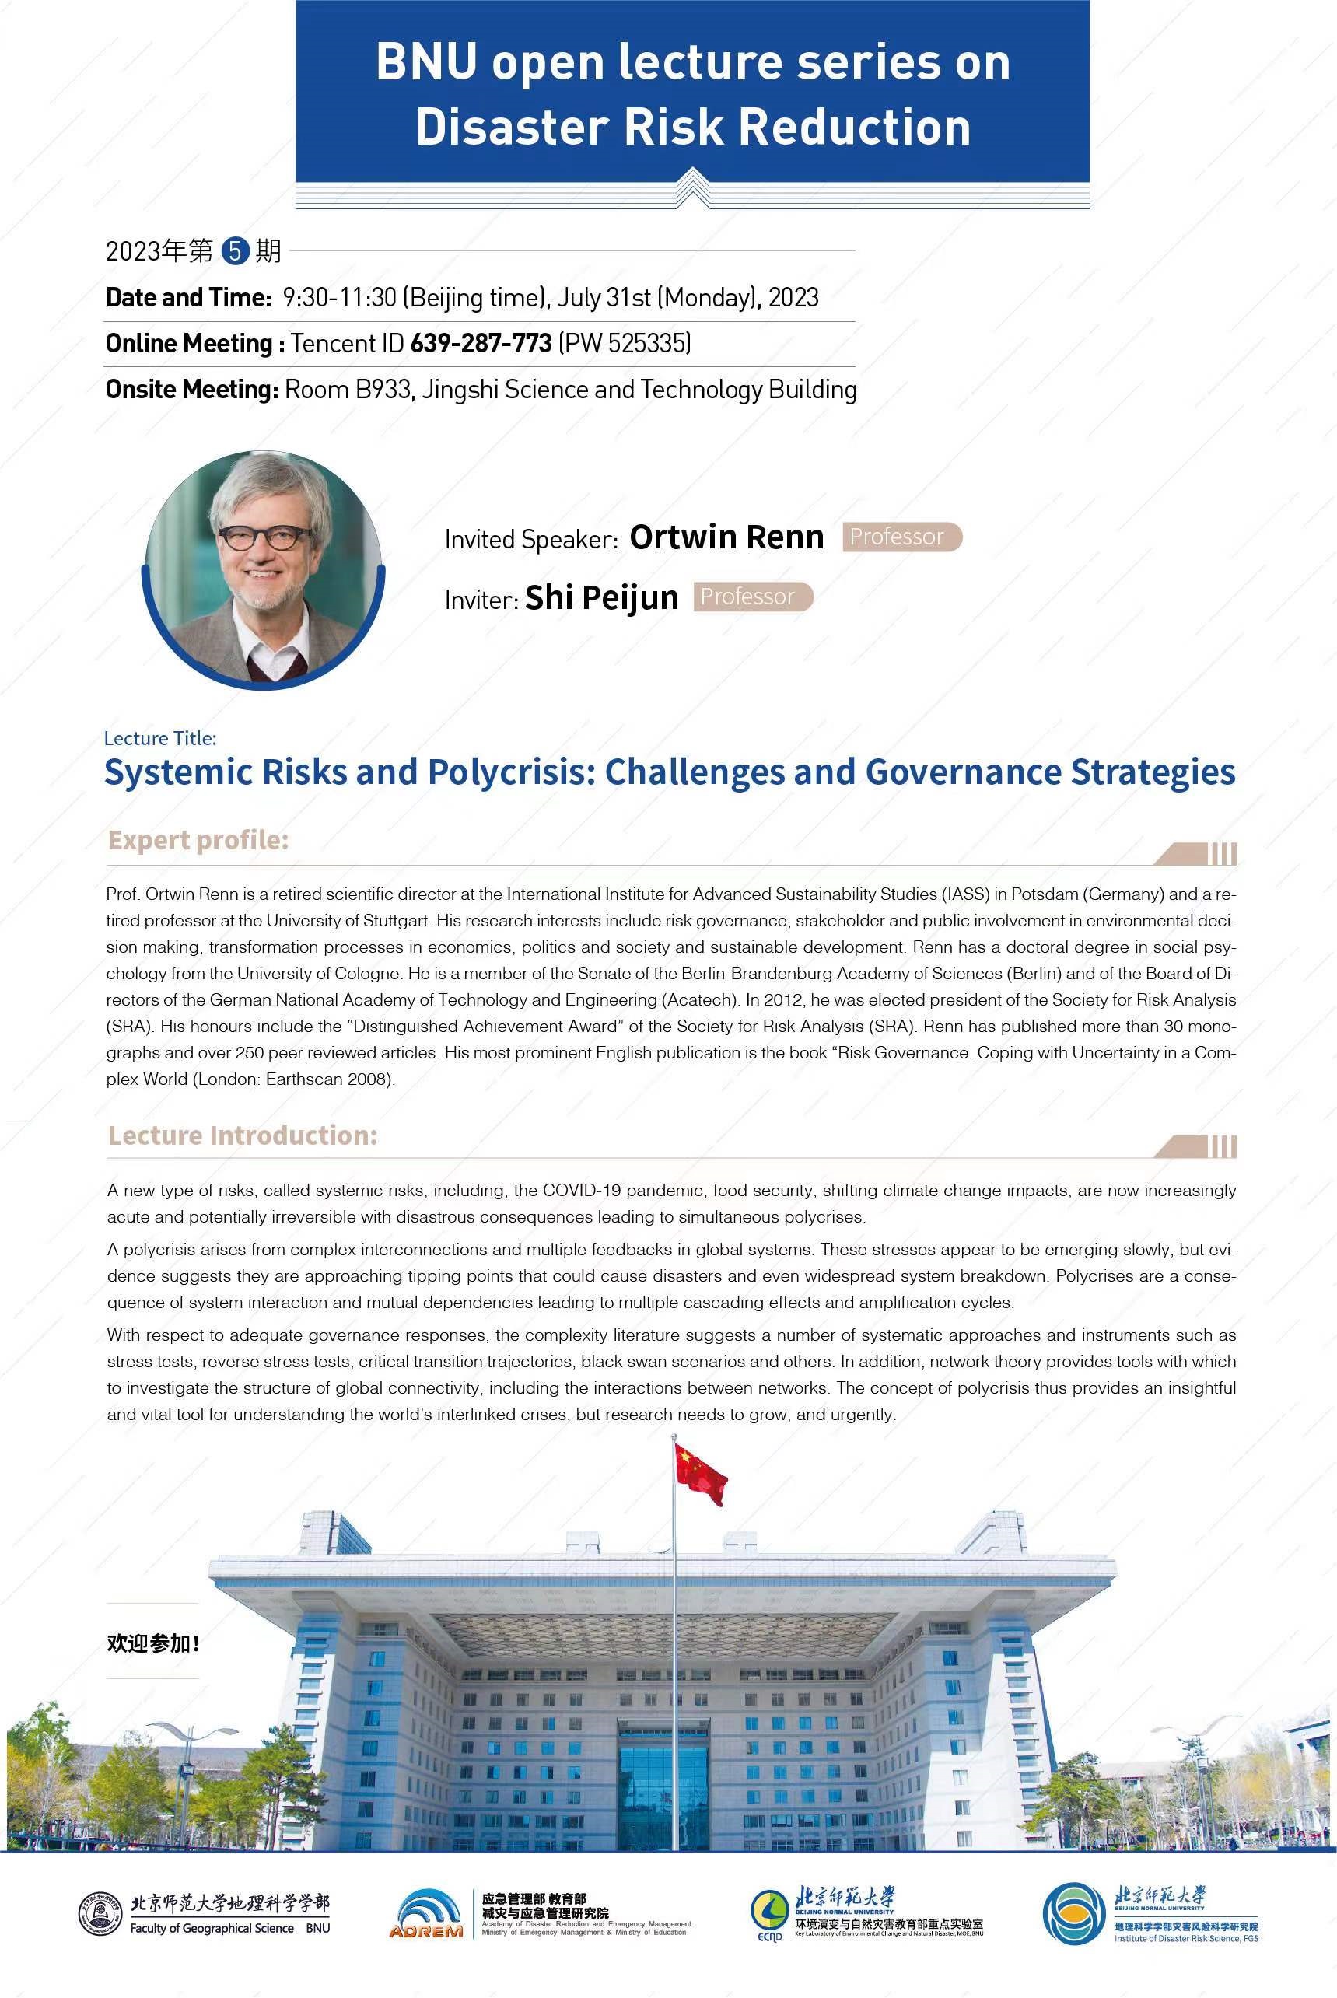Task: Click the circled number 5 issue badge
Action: tap(234, 250)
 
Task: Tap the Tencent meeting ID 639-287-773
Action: tap(481, 344)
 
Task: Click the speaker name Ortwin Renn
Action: tap(726, 537)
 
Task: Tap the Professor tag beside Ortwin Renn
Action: tap(901, 537)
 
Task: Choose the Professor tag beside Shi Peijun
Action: tap(752, 597)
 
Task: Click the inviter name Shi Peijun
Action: tap(601, 597)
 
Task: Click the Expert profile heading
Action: tap(198, 841)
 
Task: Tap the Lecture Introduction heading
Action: tap(242, 1135)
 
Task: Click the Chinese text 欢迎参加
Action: tap(152, 1643)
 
